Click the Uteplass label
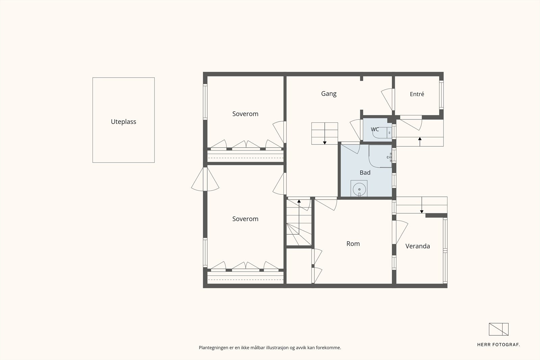click(124, 122)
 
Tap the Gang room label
click(329, 93)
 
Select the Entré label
click(417, 94)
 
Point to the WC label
click(375, 130)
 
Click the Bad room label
click(365, 172)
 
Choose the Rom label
click(353, 244)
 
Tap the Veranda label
click(417, 246)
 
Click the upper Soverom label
click(245, 114)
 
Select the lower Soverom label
click(245, 219)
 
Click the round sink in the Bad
click(359, 189)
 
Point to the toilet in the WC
click(382, 133)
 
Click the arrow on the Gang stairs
click(325, 134)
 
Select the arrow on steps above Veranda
click(422, 205)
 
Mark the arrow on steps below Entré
click(420, 142)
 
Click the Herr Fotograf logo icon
click(498, 329)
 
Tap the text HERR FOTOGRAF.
click(498, 345)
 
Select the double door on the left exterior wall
click(205, 179)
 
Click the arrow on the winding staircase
click(299, 217)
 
